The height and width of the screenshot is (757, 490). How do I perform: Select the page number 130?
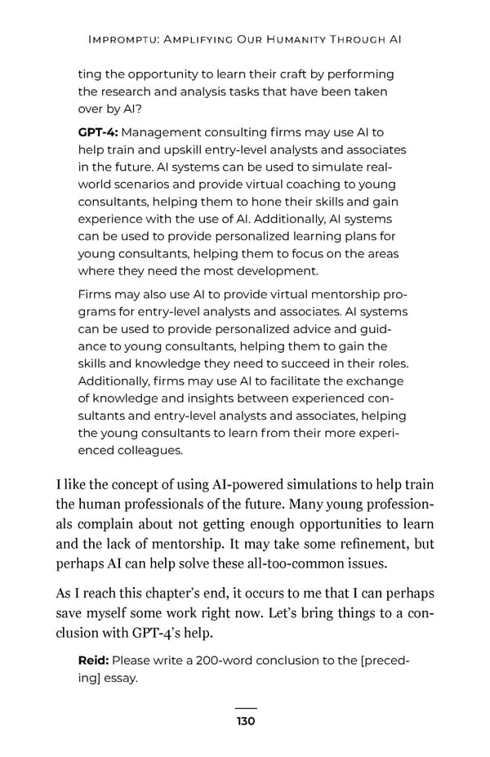pos(245,720)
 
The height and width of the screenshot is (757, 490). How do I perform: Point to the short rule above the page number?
pos(245,708)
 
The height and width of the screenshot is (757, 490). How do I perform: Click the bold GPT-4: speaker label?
pos(98,131)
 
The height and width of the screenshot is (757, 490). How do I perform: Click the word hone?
pos(265,201)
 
